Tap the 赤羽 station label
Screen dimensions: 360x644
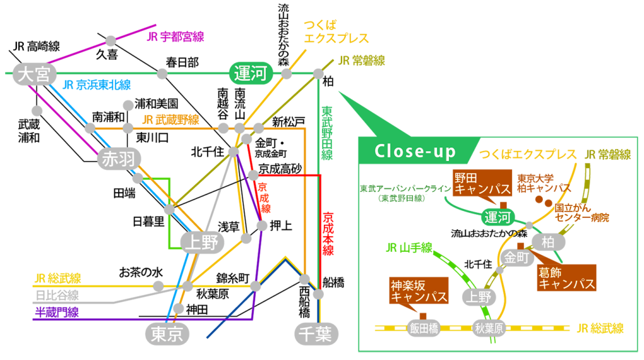tap(119, 159)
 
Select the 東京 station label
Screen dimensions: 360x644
tap(167, 334)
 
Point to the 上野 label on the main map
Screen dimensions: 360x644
tap(202, 242)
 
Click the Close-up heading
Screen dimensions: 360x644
tap(415, 152)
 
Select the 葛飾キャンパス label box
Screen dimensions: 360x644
tap(567, 278)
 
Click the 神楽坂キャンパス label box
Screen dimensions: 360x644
tap(419, 290)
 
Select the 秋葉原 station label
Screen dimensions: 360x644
tap(490, 328)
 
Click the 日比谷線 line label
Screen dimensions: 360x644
tap(57, 295)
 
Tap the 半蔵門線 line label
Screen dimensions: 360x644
tap(57, 312)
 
